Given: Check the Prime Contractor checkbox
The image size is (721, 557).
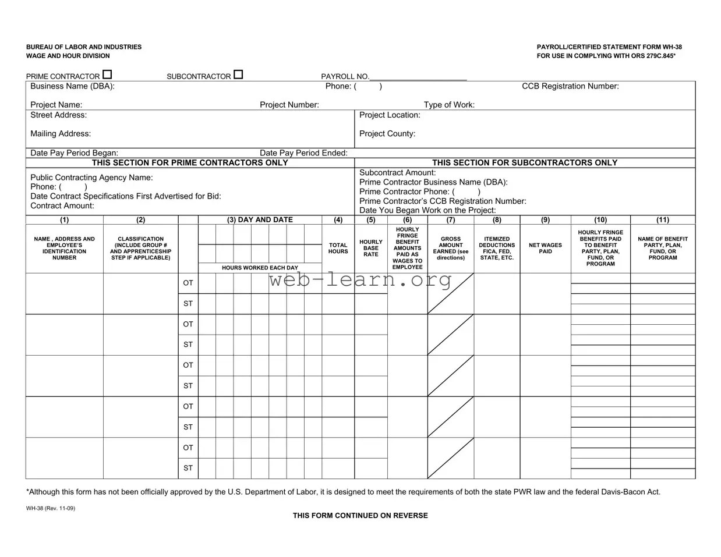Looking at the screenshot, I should [x=107, y=74].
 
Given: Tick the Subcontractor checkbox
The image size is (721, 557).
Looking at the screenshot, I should [x=238, y=74].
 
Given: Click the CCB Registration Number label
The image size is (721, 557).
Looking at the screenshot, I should [x=570, y=86].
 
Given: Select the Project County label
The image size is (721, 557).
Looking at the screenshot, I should [x=387, y=134].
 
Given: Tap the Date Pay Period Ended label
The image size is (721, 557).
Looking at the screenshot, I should [x=303, y=153].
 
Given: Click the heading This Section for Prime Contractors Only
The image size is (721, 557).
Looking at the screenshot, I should [x=190, y=163].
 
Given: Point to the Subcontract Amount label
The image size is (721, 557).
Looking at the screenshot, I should [x=397, y=173].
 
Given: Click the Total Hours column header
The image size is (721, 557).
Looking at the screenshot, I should [x=338, y=249].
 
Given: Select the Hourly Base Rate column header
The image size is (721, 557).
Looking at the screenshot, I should [x=371, y=248].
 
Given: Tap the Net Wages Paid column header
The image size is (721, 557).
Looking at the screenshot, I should [x=545, y=249].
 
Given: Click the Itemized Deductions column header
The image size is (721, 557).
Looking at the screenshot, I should [x=497, y=248].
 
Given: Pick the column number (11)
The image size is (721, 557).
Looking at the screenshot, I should [x=663, y=220].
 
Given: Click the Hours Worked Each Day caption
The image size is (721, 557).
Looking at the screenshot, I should [x=260, y=268].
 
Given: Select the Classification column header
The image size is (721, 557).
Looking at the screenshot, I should [x=141, y=248].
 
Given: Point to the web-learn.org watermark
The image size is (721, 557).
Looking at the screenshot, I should [x=360, y=281].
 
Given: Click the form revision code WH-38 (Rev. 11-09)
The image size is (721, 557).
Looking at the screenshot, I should [x=51, y=508].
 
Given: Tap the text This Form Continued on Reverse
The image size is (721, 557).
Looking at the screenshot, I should [x=360, y=516].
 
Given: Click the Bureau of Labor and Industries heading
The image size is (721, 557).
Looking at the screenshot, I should [x=84, y=47].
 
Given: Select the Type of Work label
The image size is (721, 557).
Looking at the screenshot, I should [x=449, y=105].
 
